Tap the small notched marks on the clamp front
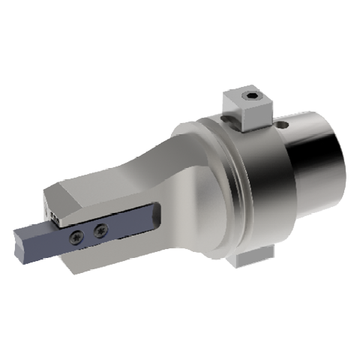[54, 215]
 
